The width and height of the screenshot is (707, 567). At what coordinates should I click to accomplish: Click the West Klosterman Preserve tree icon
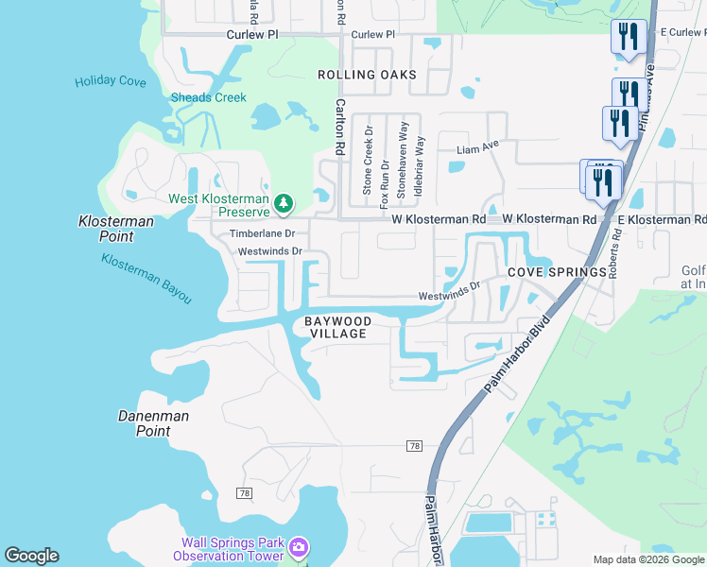(282, 203)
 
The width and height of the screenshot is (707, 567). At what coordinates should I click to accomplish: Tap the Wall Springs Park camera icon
(299, 547)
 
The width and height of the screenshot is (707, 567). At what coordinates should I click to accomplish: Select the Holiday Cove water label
(111, 82)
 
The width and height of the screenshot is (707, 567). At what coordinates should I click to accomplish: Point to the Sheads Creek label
(208, 97)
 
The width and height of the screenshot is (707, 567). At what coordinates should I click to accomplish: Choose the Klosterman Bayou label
(147, 279)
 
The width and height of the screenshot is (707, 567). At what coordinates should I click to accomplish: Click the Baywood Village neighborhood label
(337, 328)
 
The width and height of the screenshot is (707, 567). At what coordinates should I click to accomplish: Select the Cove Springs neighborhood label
(557, 272)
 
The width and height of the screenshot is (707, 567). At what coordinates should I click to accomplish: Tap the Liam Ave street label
(477, 148)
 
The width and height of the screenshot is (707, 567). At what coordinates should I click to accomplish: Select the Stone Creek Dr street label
(368, 161)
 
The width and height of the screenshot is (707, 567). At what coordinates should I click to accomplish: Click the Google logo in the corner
(31, 556)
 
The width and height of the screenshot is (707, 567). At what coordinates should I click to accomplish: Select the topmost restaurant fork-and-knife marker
(629, 37)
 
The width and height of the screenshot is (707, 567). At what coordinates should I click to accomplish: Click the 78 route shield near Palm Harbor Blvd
(414, 445)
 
